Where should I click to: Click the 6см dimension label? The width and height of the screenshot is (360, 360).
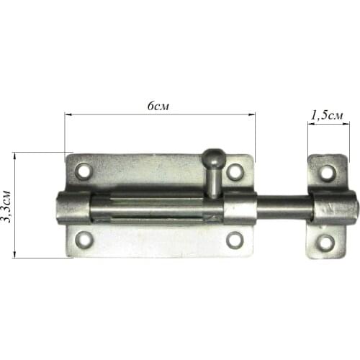[158, 106]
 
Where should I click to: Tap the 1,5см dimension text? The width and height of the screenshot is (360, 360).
[327, 116]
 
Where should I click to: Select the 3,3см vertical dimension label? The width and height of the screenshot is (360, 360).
[6, 207]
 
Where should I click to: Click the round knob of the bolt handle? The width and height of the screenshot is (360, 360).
[213, 157]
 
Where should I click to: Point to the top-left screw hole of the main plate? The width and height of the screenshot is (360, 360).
[84, 171]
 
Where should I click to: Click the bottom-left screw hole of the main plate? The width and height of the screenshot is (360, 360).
[84, 239]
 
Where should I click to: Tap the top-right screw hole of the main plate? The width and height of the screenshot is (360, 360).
[235, 172]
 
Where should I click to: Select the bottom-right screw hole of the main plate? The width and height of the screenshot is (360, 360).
[235, 240]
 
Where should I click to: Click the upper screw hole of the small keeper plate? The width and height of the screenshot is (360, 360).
[328, 172]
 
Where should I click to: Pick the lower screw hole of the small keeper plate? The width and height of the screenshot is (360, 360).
[325, 243]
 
